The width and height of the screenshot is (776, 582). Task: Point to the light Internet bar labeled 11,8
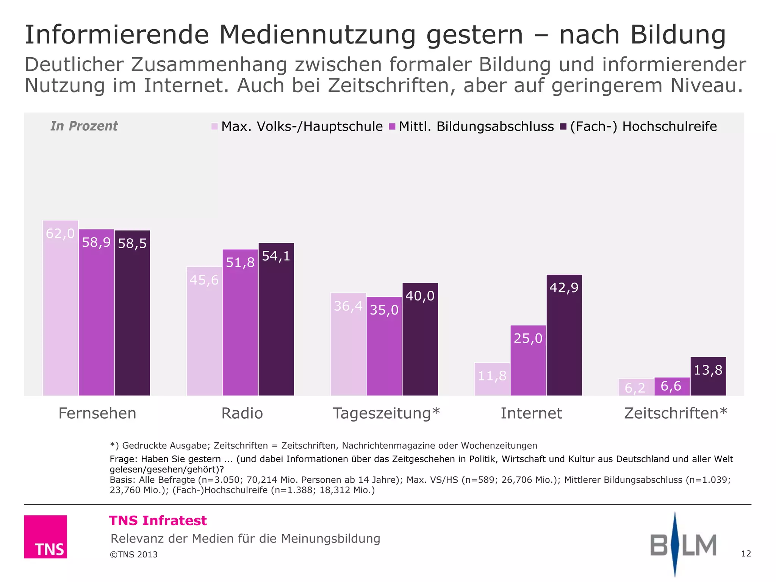(492, 379)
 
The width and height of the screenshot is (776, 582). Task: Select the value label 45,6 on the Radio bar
(204, 280)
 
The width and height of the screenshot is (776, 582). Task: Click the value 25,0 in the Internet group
(528, 338)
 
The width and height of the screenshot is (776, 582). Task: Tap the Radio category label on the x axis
(242, 413)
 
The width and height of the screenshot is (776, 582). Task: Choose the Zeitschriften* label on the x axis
(676, 413)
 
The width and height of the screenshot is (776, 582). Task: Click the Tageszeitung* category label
(386, 413)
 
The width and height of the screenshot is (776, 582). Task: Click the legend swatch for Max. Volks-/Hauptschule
(214, 127)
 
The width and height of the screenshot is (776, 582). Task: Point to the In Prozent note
(84, 126)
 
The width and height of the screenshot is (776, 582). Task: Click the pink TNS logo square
(45, 537)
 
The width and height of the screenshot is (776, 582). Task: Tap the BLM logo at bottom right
(683, 545)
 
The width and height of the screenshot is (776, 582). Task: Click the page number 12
(746, 554)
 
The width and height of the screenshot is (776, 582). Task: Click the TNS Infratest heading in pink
(158, 521)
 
